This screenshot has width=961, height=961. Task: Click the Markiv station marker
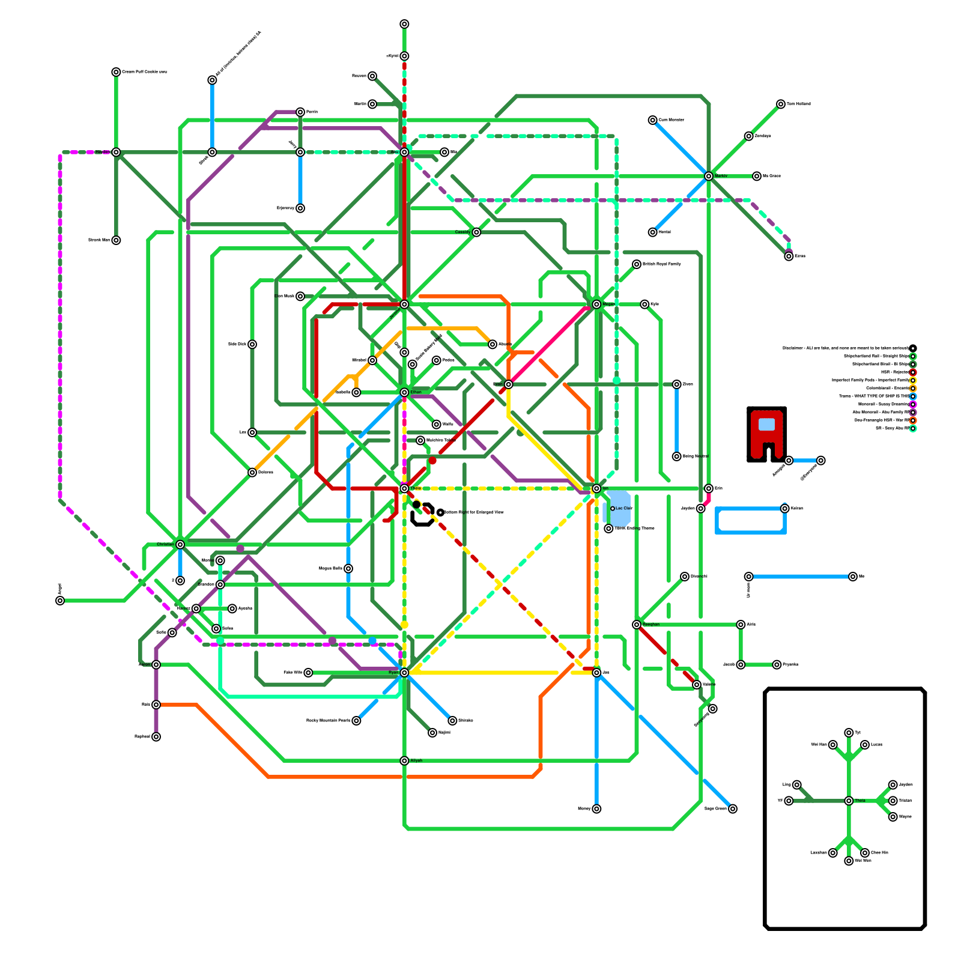pyautogui.click(x=709, y=176)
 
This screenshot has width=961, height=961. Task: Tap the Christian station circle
pyautogui.click(x=180, y=544)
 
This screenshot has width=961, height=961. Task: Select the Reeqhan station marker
pyautogui.click(x=637, y=625)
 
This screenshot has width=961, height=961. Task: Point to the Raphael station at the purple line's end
pyautogui.click(x=156, y=736)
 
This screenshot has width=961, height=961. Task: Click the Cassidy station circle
pyautogui.click(x=476, y=232)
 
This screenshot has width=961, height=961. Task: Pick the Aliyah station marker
pyautogui.click(x=404, y=760)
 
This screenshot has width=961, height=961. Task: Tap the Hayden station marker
pyautogui.click(x=116, y=152)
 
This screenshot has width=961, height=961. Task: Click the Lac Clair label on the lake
pyautogui.click(x=623, y=508)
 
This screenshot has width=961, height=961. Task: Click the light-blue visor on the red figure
pyautogui.click(x=766, y=424)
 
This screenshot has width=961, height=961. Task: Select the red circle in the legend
pyautogui.click(x=913, y=372)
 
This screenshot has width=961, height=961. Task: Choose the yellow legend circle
pyautogui.click(x=913, y=380)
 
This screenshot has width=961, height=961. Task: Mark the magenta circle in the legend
pyautogui.click(x=913, y=404)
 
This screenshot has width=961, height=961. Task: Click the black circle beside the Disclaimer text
pyautogui.click(x=913, y=348)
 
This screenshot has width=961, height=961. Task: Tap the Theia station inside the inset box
pyautogui.click(x=849, y=801)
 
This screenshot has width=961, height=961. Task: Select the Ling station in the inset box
pyautogui.click(x=796, y=784)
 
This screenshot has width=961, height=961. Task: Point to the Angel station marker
pyautogui.click(x=60, y=601)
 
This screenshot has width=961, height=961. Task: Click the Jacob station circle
pyautogui.click(x=741, y=664)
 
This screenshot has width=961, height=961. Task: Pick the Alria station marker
pyautogui.click(x=741, y=625)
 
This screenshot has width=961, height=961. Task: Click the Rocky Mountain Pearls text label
pyautogui.click(x=328, y=720)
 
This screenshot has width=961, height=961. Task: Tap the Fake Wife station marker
pyautogui.click(x=308, y=673)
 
